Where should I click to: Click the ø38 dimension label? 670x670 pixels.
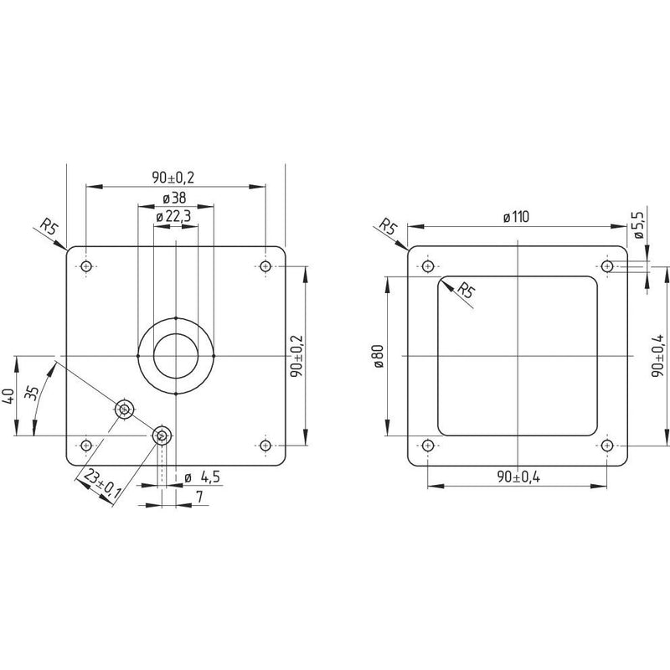point(175,198)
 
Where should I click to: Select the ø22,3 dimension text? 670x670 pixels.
point(173,217)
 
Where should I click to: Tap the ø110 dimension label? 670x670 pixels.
point(516,217)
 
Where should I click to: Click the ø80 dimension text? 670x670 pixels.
point(379,356)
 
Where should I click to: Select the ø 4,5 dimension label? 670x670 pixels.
point(202,477)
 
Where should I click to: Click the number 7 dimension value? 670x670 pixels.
point(199,497)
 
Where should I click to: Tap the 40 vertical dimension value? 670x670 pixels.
point(11,395)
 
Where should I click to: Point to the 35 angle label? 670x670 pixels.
point(31,392)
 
